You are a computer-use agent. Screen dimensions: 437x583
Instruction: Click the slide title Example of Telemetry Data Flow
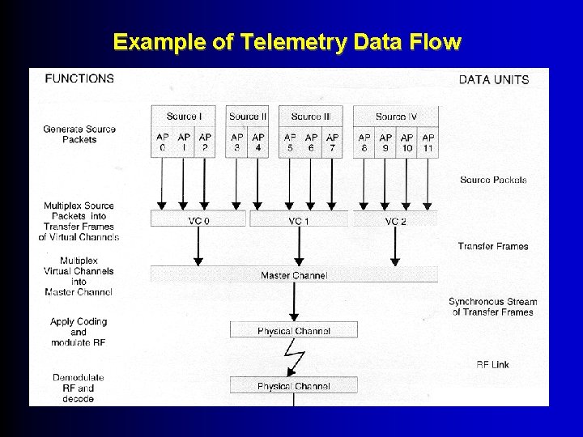tap(287, 41)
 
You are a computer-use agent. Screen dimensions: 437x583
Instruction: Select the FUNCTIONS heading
tap(79, 78)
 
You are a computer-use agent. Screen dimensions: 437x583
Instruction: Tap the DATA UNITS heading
tap(493, 79)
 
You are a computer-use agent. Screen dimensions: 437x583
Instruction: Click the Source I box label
tap(184, 117)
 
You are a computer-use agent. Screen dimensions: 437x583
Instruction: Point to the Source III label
tap(311, 117)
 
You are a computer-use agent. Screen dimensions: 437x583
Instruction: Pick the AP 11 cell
tap(428, 142)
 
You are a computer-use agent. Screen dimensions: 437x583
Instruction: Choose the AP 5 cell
tap(290, 142)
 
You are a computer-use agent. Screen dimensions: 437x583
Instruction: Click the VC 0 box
tap(198, 220)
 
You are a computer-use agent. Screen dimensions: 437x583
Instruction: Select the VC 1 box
tap(299, 220)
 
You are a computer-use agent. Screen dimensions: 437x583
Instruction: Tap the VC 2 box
tap(395, 220)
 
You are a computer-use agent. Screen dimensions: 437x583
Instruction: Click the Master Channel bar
tap(294, 275)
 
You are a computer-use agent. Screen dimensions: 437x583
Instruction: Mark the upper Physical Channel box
tap(294, 330)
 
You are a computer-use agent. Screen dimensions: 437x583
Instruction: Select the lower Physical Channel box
tap(294, 386)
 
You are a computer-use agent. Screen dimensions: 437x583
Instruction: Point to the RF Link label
tap(492, 364)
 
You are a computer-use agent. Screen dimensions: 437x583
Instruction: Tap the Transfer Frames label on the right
tap(492, 246)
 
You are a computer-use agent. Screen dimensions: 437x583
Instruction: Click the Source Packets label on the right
tap(493, 180)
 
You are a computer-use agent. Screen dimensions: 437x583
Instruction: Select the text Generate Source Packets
tap(79, 134)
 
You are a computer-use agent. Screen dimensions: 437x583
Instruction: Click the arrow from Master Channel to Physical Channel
tap(294, 301)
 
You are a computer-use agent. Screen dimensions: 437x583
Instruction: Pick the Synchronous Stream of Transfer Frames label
tap(492, 307)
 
